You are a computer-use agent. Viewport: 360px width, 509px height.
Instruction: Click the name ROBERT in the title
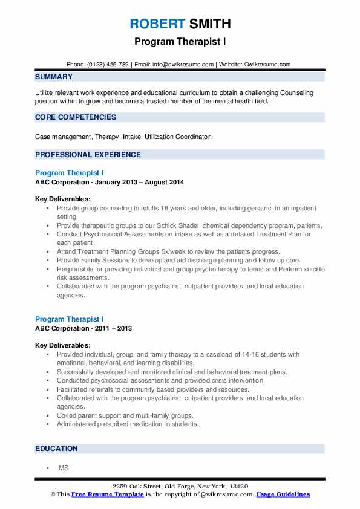pyautogui.click(x=157, y=24)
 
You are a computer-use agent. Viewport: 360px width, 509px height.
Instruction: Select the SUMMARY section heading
pyautogui.click(x=54, y=77)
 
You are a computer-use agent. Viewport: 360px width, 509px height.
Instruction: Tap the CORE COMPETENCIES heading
pyautogui.click(x=75, y=117)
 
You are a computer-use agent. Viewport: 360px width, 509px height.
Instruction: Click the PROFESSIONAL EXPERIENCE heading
pyautogui.click(x=88, y=155)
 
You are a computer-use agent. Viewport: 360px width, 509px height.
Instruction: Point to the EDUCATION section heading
pyautogui.click(x=56, y=449)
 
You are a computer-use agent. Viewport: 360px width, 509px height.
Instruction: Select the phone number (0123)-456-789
pyautogui.click(x=108, y=64)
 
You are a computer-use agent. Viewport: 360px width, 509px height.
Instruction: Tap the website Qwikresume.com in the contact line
pyautogui.click(x=268, y=64)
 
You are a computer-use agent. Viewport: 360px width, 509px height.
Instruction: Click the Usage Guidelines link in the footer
pyautogui.click(x=283, y=494)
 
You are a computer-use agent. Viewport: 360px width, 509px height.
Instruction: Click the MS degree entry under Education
pyautogui.click(x=63, y=468)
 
